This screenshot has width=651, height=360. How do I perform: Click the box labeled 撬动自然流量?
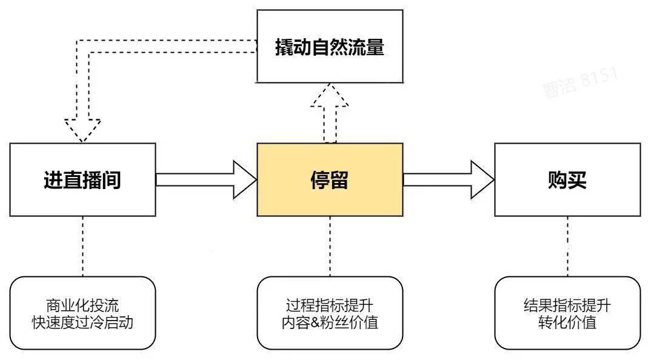coord(330,46)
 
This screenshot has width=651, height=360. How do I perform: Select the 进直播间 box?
coord(82,180)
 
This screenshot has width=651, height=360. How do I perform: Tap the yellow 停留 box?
coord(330,180)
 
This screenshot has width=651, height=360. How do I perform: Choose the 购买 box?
coord(567,180)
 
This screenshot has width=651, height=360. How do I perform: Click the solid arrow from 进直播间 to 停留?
coord(206,180)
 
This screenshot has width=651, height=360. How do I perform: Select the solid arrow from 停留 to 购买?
coord(449,180)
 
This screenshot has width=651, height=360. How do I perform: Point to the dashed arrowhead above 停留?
coord(330,97)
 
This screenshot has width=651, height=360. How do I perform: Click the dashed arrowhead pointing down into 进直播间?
coord(82,128)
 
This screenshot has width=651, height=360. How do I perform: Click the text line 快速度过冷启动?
coord(82,322)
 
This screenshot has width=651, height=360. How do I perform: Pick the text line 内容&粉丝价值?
coord(330,322)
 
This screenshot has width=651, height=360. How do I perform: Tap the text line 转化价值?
coord(567,322)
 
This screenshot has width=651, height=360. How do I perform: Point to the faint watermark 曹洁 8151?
coord(579,82)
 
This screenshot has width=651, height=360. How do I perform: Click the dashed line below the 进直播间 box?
coord(82,245)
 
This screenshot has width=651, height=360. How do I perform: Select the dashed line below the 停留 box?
coord(330,245)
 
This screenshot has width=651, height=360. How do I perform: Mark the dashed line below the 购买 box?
coord(567,245)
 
